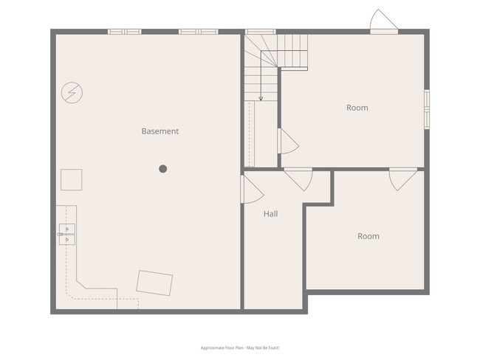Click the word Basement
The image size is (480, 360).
[x=160, y=131]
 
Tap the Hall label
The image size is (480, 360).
[x=271, y=214]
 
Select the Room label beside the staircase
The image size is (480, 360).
[x=357, y=108]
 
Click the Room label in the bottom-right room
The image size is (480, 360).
[x=368, y=236]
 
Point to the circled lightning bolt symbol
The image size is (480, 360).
[x=72, y=92]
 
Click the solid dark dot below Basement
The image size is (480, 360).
[x=163, y=169]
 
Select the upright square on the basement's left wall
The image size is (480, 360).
[x=71, y=179]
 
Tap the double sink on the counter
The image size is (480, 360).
[x=66, y=234]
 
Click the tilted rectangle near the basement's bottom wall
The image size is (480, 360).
[x=155, y=283]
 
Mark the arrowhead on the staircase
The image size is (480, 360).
[x=261, y=97]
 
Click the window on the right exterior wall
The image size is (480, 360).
[x=426, y=109]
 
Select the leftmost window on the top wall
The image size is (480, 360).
[x=124, y=32]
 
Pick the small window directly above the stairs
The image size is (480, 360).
[x=260, y=32]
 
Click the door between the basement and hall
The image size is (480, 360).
[x=251, y=190]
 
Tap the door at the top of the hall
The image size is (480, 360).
[x=298, y=179]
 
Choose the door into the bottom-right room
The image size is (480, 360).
[x=403, y=179]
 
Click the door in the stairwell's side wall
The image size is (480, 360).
[x=287, y=141]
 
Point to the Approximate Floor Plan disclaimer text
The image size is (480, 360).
[x=240, y=347]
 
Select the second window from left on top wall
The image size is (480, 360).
[x=198, y=32]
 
